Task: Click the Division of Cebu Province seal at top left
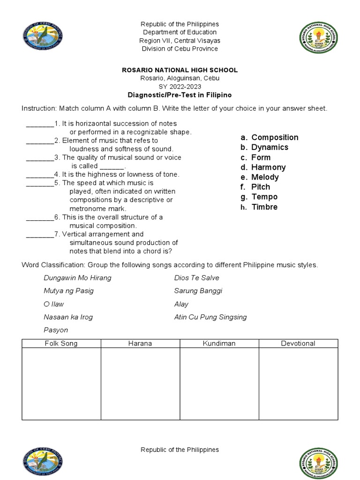(42, 37)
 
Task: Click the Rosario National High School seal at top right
(318, 37)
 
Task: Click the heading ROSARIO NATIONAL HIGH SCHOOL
(180, 70)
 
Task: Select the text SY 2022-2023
(180, 87)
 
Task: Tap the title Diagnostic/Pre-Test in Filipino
(180, 95)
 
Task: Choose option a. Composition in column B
(269, 137)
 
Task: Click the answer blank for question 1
(40, 124)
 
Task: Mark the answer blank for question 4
(40, 174)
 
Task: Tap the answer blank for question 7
(40, 234)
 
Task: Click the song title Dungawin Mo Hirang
(77, 278)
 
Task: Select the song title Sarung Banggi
(198, 291)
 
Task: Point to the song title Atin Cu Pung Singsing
(210, 317)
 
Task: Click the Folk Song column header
(61, 344)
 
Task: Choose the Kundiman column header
(219, 344)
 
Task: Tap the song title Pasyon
(56, 330)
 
